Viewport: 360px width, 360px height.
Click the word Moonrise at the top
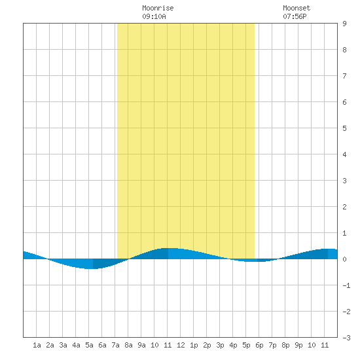coord(158,9)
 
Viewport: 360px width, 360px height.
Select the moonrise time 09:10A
coord(154,16)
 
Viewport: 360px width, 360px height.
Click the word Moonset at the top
coord(297,9)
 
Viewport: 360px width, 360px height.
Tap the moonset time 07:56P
coord(295,16)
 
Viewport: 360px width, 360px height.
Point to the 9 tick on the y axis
coord(344,24)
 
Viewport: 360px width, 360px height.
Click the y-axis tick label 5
coord(344,128)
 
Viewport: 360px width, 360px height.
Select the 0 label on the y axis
coord(344,259)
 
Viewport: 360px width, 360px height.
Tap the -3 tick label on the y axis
coord(346,338)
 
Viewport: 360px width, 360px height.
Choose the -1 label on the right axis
coord(346,285)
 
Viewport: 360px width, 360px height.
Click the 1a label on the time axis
coord(37,345)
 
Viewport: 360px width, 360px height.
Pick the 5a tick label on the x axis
coord(89,345)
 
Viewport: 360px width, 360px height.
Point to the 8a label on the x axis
coord(128,345)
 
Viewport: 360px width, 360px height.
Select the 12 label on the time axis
coord(181,345)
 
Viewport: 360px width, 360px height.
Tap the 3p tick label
coord(220,345)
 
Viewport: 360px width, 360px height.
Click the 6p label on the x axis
coord(259,345)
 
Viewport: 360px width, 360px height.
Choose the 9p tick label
coord(298,345)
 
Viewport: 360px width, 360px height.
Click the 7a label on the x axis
coord(115,345)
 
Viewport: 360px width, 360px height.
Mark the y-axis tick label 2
coord(344,207)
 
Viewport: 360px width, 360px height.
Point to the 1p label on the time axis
coord(194,345)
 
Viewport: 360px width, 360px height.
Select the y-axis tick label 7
coord(344,76)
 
